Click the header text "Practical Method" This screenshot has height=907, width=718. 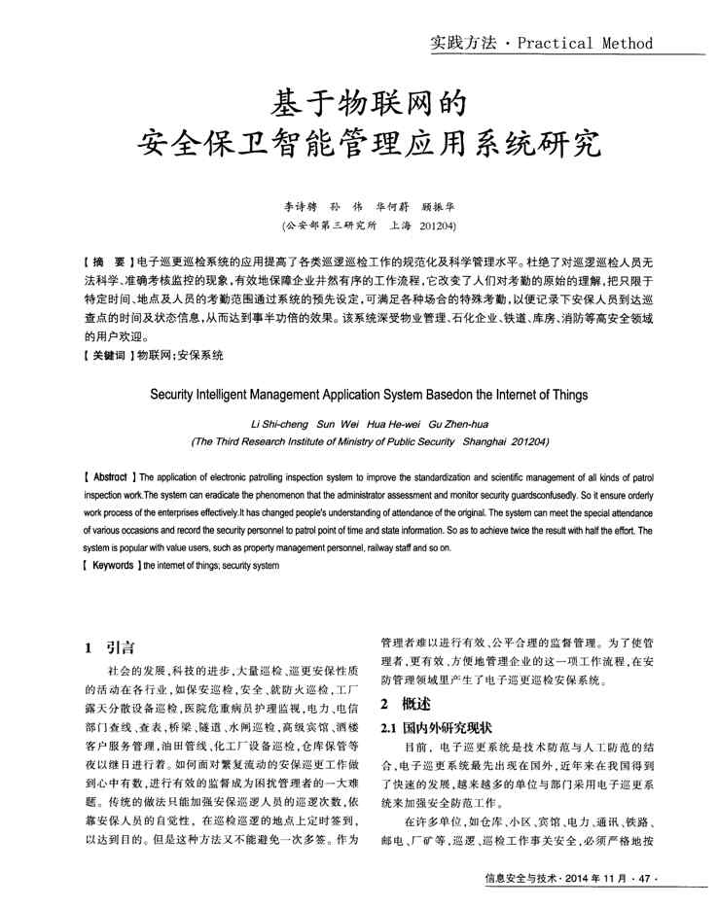pyautogui.click(x=585, y=43)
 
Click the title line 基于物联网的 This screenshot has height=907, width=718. pyautogui.click(x=357, y=102)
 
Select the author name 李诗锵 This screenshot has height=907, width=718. pyautogui.click(x=301, y=206)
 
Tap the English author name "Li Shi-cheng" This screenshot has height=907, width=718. pyautogui.click(x=281, y=423)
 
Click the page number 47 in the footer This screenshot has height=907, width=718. pyautogui.click(x=643, y=880)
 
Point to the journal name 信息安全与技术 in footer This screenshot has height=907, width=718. pyautogui.click(x=524, y=880)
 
